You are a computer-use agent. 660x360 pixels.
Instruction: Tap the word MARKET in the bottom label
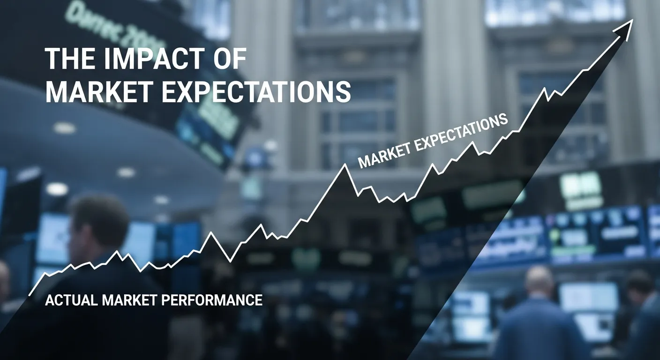point(127,300)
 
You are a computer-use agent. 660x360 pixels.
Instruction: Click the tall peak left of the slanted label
point(346,165)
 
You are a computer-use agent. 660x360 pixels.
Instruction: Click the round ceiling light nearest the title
point(65,127)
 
